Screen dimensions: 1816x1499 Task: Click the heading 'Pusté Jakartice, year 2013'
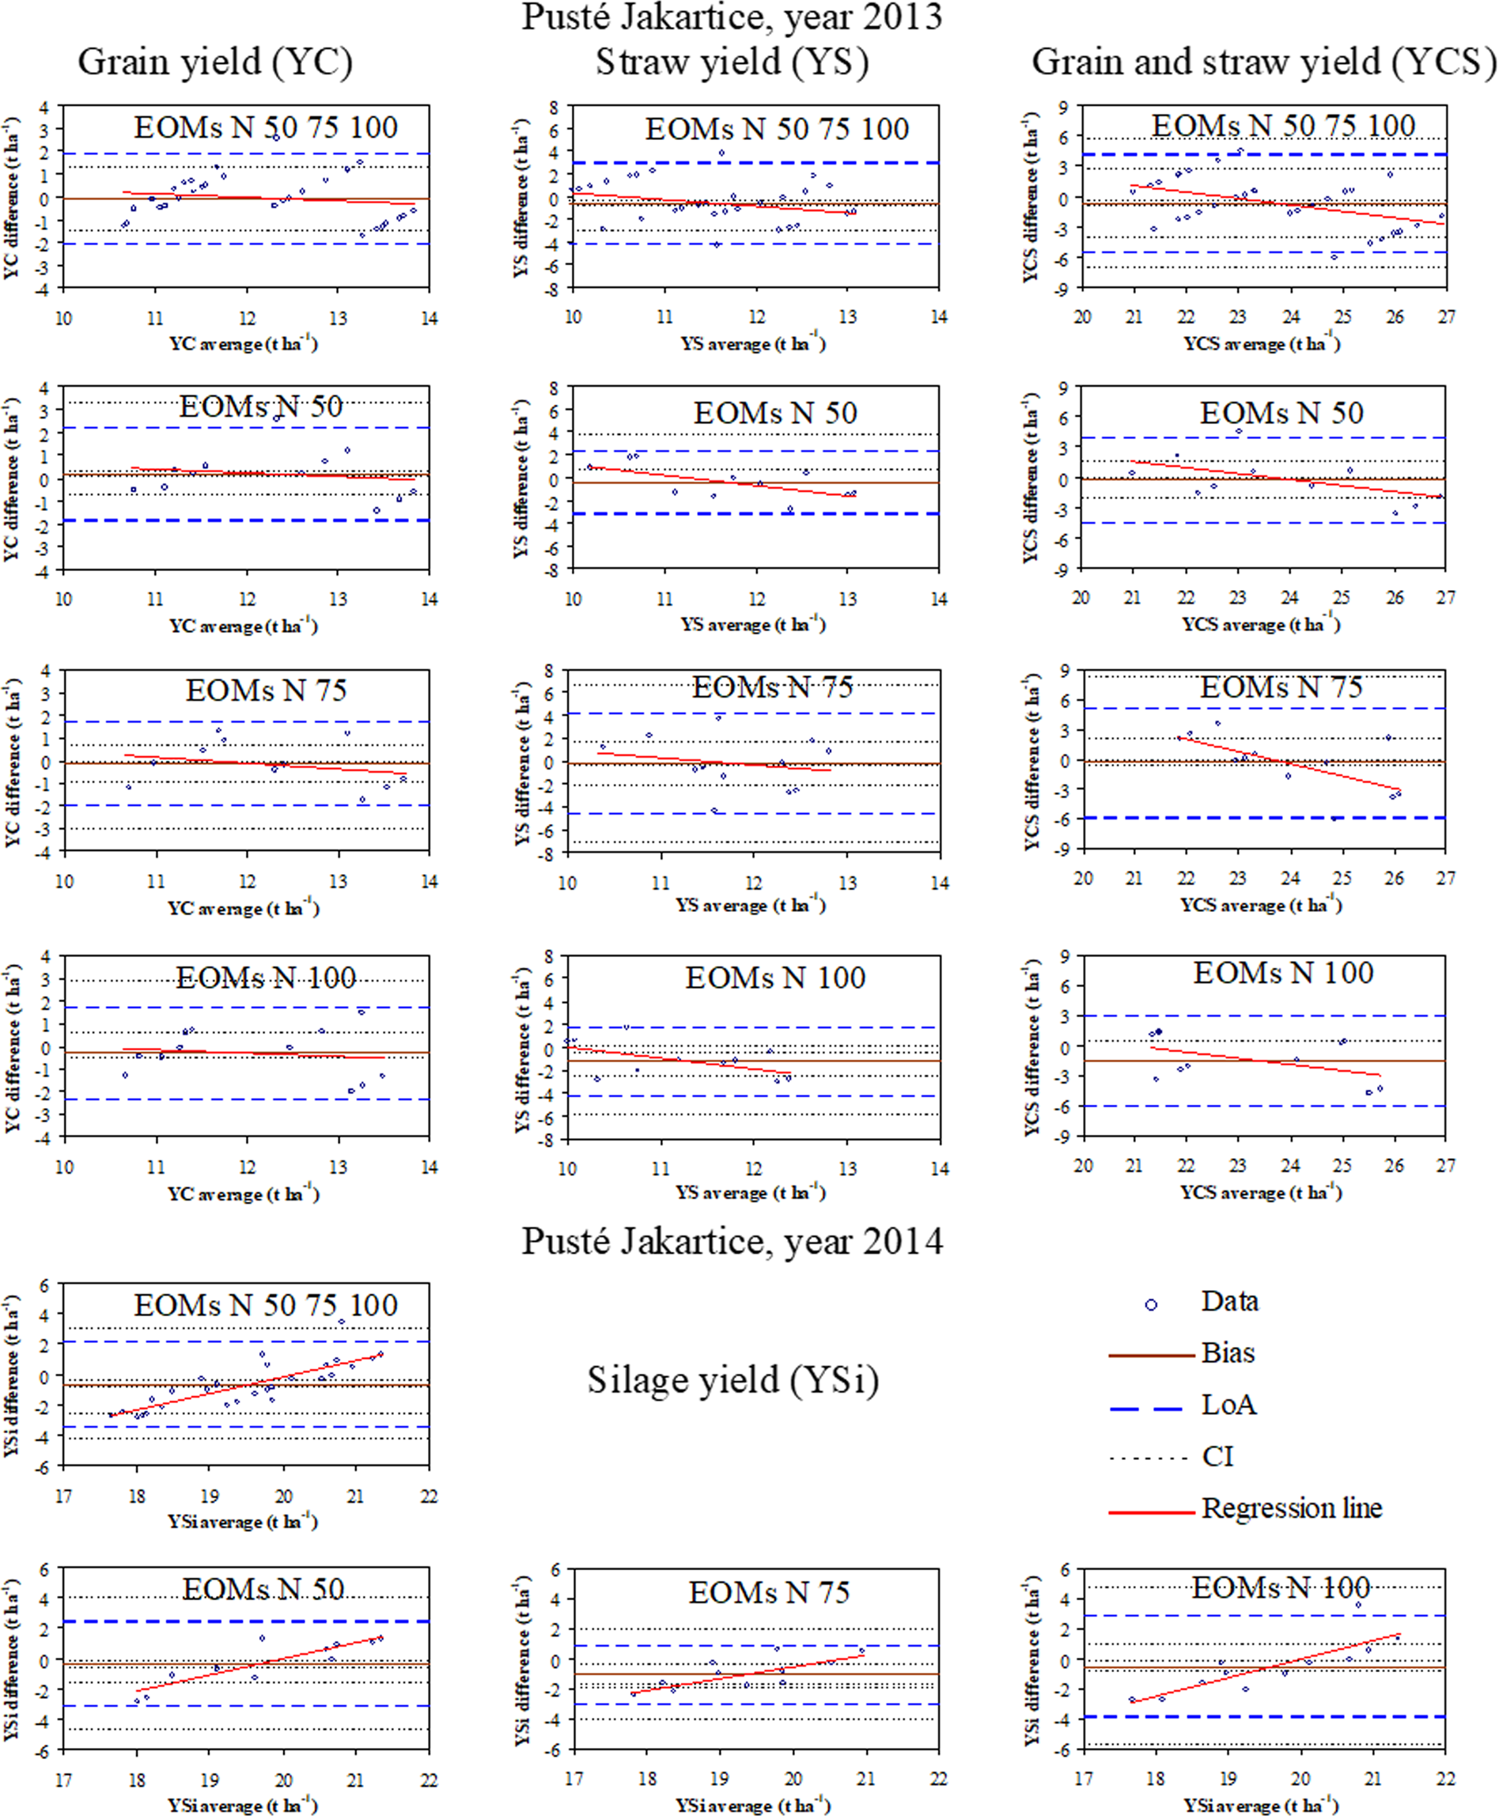tap(732, 17)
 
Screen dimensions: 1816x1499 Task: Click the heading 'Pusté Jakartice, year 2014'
tap(732, 1241)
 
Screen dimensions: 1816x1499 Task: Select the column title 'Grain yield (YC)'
tap(215, 62)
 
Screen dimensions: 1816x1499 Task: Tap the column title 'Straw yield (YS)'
tap(732, 62)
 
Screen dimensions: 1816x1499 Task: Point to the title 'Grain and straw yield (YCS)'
tap(1262, 62)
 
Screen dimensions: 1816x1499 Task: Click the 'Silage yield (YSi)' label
tap(733, 1379)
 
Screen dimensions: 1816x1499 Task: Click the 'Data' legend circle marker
tap(1150, 1305)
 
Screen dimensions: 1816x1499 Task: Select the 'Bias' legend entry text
tap(1228, 1353)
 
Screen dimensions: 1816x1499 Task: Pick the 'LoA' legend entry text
tap(1228, 1405)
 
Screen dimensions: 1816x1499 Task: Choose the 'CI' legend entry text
tap(1217, 1457)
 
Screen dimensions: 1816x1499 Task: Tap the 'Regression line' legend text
tap(1291, 1508)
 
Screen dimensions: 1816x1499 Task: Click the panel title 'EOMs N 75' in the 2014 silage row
tap(769, 1592)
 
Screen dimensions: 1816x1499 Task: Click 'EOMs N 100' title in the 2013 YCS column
tap(1283, 973)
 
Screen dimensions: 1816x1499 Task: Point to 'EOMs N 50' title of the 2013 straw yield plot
tap(774, 413)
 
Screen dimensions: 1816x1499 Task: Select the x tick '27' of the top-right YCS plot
tap(1446, 317)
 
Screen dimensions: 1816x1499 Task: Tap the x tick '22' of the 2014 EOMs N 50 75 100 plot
tap(428, 1496)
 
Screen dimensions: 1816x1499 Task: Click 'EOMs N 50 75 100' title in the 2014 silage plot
tap(265, 1305)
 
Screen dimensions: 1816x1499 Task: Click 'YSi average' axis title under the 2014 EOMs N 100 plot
tap(1262, 1805)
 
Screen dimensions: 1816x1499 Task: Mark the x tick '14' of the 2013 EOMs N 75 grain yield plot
tap(428, 882)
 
